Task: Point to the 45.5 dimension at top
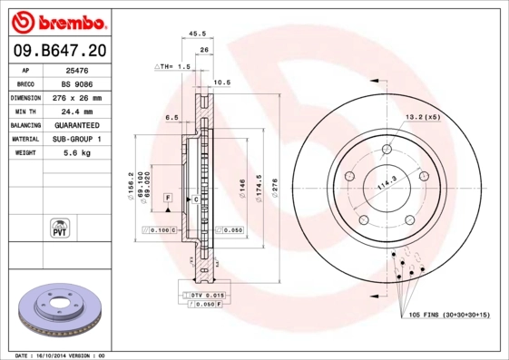click(196, 34)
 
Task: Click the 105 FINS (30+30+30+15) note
click(448, 314)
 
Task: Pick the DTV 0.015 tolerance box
click(207, 296)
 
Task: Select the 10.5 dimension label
click(220, 83)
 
